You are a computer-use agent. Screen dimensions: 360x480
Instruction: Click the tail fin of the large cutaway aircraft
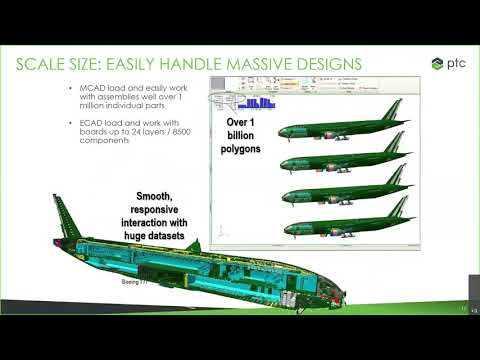pyautogui.click(x=62, y=212)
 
